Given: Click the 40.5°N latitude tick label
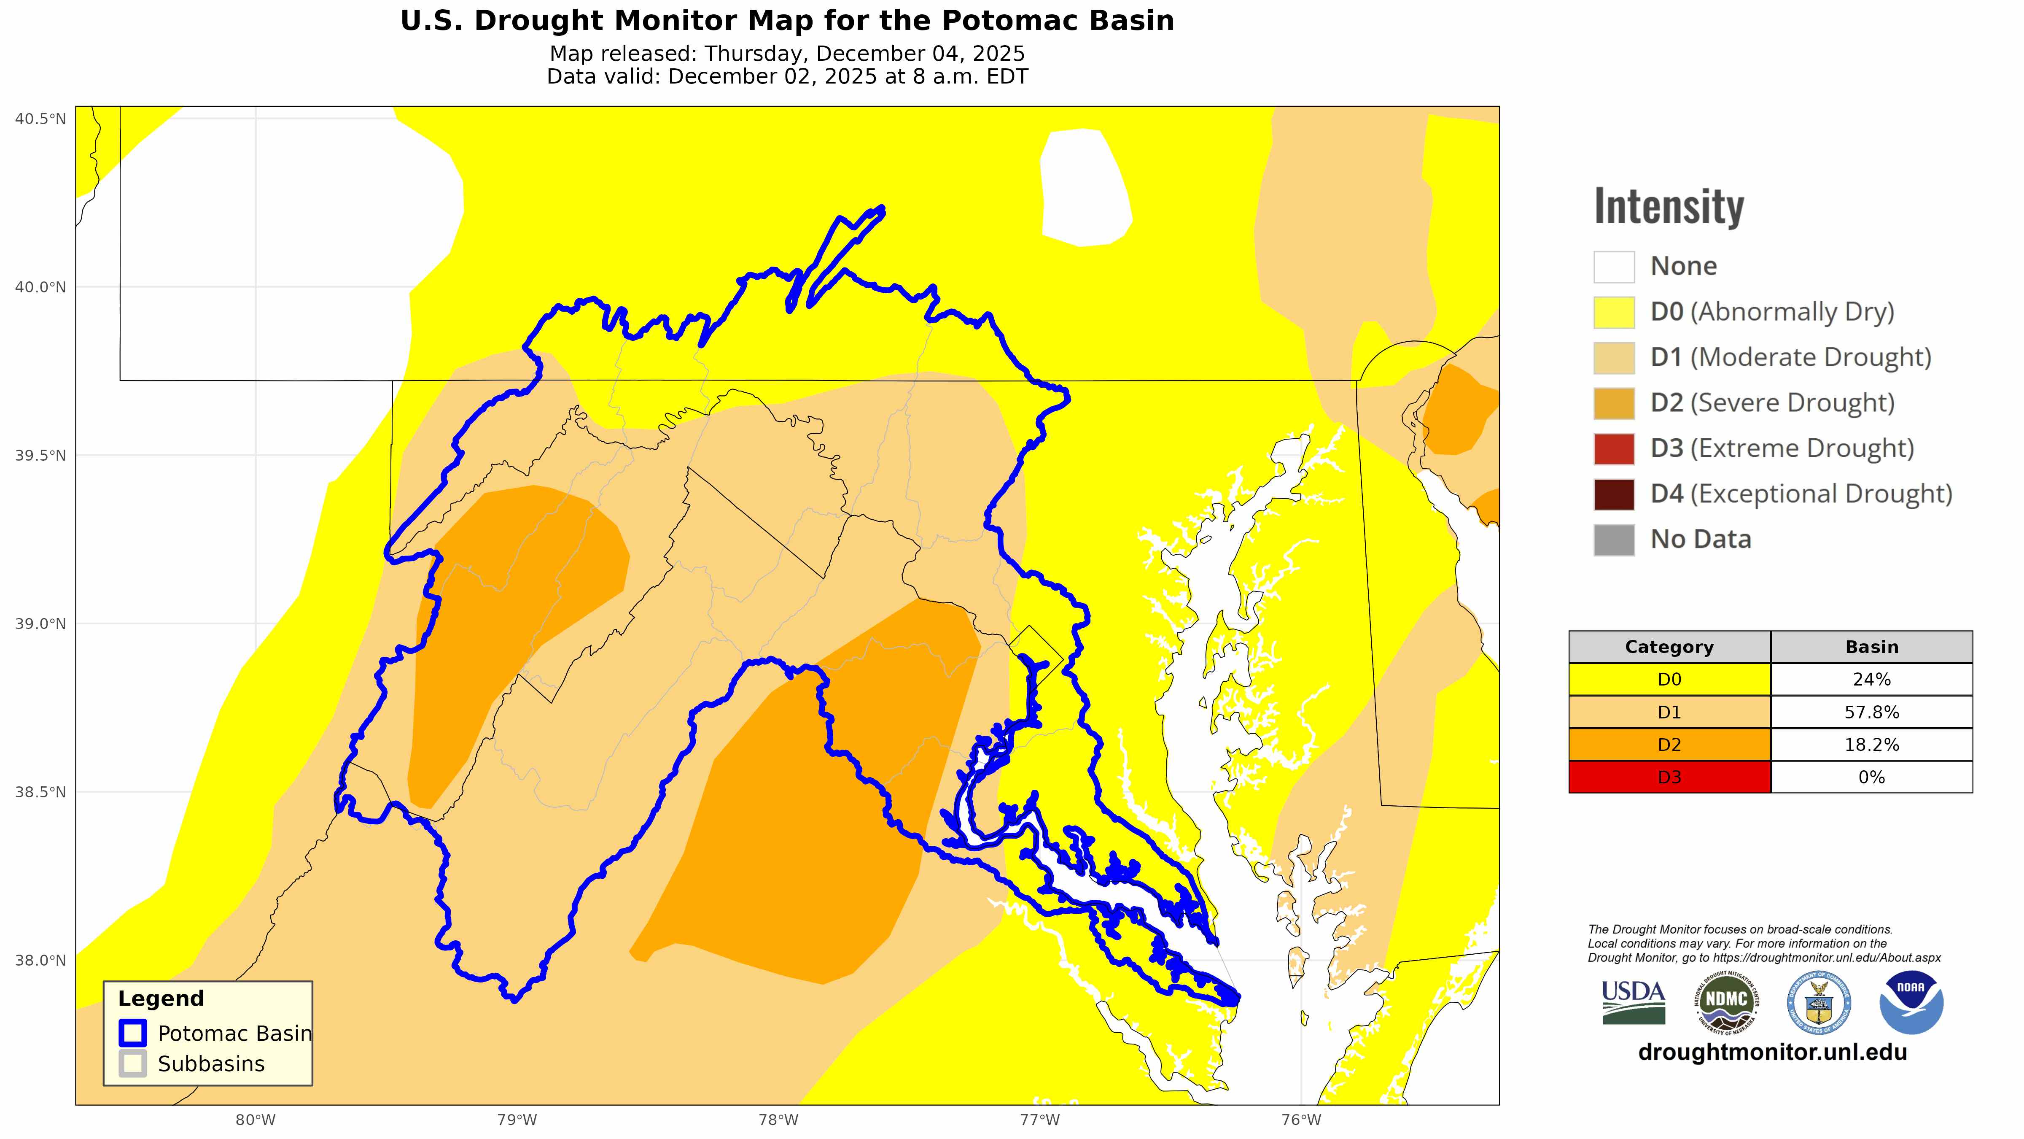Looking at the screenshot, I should click(x=40, y=119).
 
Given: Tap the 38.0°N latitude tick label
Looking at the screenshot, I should click(x=40, y=960).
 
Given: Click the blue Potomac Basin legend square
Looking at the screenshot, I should click(x=133, y=1033).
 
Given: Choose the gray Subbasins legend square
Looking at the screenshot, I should click(x=133, y=1063).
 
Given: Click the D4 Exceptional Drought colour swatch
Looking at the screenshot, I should click(x=1614, y=494).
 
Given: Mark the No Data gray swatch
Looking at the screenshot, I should click(x=1614, y=540).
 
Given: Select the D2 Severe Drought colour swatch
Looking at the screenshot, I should click(x=1614, y=403).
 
